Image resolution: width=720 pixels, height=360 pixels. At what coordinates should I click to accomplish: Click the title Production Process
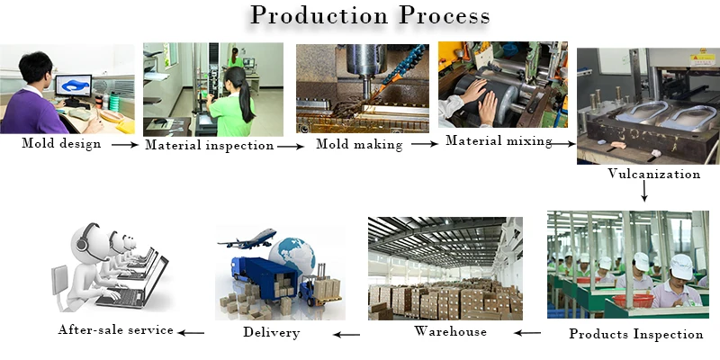[370, 16]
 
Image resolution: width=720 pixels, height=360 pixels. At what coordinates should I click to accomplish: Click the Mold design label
[61, 142]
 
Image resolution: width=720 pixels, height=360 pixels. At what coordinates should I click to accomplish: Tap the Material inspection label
[209, 144]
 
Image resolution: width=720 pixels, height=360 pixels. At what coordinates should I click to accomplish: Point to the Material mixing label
[499, 141]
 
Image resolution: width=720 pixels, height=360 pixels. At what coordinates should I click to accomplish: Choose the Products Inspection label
[635, 334]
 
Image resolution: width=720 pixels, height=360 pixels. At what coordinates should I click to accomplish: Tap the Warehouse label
[450, 331]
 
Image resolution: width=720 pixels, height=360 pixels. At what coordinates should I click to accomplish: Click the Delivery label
[271, 333]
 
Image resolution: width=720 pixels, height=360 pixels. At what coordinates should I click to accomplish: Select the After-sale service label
[115, 329]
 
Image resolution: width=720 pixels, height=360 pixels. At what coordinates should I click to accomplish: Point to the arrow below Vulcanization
[644, 191]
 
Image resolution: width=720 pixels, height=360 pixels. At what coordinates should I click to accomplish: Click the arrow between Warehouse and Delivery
[346, 334]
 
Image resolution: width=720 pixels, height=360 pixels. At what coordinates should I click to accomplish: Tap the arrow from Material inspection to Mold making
[289, 145]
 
